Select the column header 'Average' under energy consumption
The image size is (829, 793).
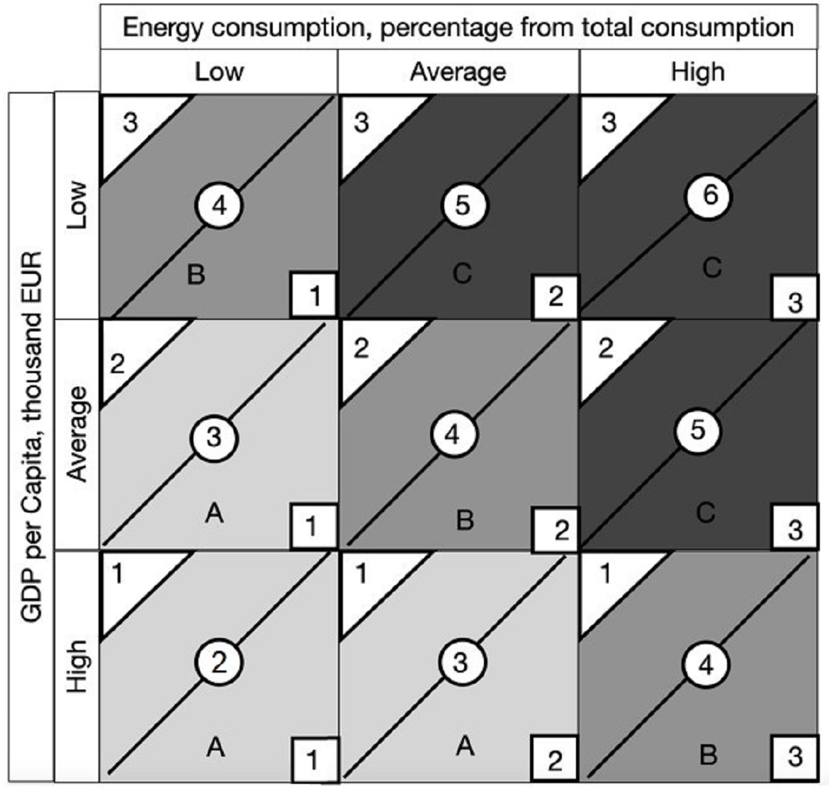(x=458, y=72)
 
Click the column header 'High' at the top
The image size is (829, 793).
(x=698, y=72)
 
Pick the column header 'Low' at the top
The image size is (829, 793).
(x=219, y=72)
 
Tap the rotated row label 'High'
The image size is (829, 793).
(x=77, y=666)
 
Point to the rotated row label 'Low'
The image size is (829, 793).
(x=77, y=205)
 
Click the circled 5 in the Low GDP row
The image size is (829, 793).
(x=462, y=205)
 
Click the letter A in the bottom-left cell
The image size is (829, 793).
(x=215, y=746)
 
